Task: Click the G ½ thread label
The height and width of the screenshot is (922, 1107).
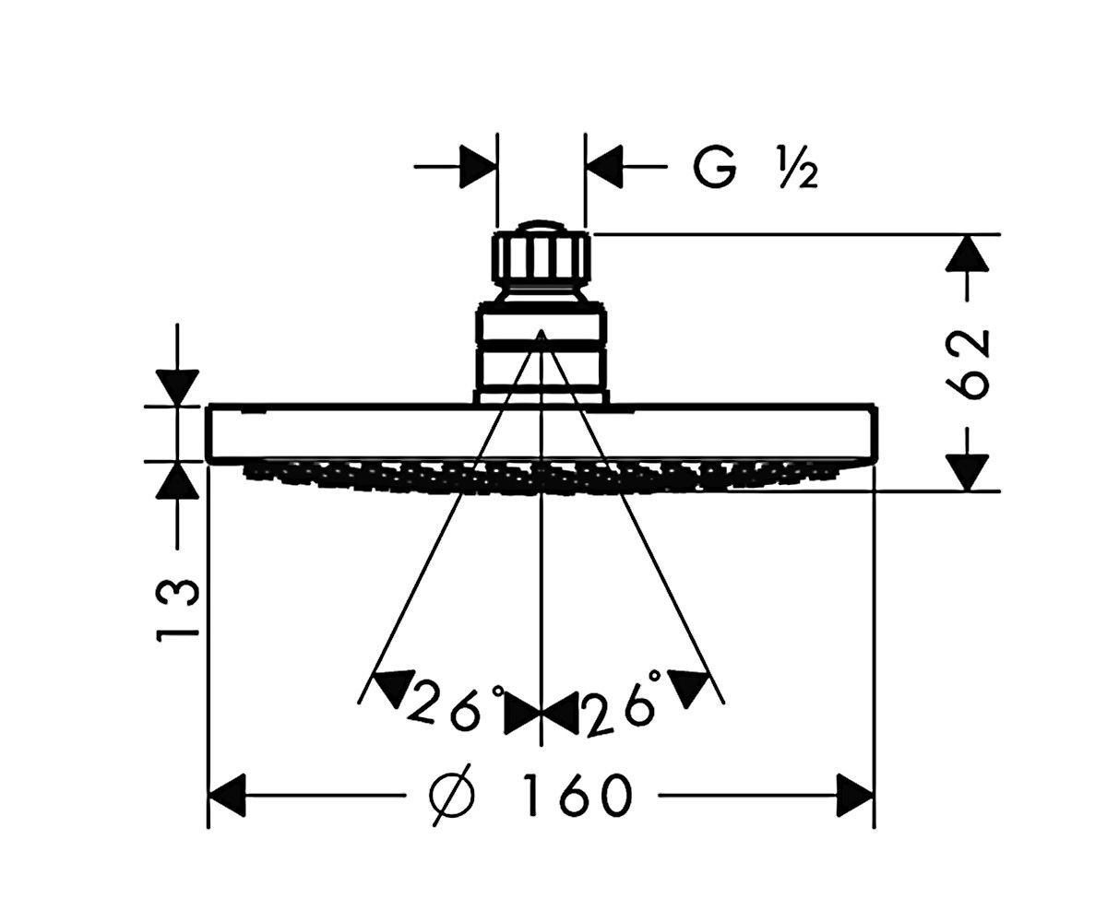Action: [756, 168]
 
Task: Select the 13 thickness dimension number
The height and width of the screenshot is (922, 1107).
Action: [177, 610]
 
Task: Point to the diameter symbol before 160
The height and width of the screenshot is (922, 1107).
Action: [452, 795]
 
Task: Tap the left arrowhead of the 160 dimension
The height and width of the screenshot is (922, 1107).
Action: [227, 795]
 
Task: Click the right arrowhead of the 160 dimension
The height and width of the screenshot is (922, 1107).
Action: [854, 795]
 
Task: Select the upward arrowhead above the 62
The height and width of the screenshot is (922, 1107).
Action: [968, 253]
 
